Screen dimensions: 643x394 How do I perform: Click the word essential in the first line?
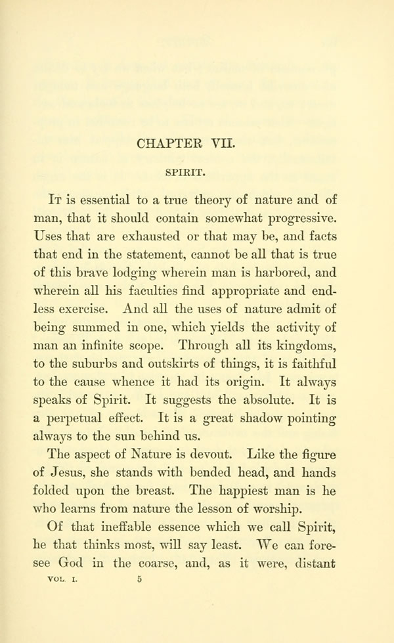pos(104,200)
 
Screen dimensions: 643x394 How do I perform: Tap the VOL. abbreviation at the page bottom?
pos(59,579)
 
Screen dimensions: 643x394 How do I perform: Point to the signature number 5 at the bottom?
pos(139,579)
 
